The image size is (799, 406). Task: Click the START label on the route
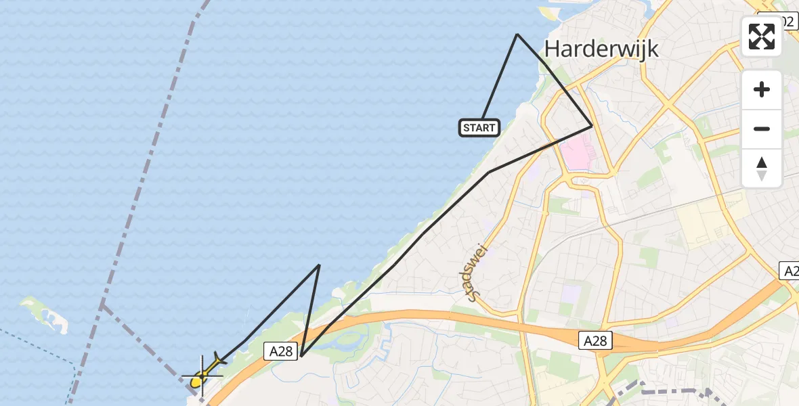click(479, 127)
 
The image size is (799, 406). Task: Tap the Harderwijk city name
click(601, 49)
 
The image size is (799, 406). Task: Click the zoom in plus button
click(762, 89)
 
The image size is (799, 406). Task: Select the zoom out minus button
click(762, 129)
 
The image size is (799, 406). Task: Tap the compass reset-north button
click(762, 168)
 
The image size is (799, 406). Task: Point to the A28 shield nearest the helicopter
click(281, 350)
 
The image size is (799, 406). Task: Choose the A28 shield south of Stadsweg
click(596, 341)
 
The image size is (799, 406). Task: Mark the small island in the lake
click(46, 314)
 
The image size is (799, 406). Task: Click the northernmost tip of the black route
click(517, 34)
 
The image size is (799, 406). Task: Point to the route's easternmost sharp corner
click(592, 125)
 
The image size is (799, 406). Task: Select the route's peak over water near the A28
click(319, 265)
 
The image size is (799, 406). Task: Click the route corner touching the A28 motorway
click(301, 356)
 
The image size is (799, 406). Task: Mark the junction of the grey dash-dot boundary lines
click(102, 304)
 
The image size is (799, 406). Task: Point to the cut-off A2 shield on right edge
click(790, 271)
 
